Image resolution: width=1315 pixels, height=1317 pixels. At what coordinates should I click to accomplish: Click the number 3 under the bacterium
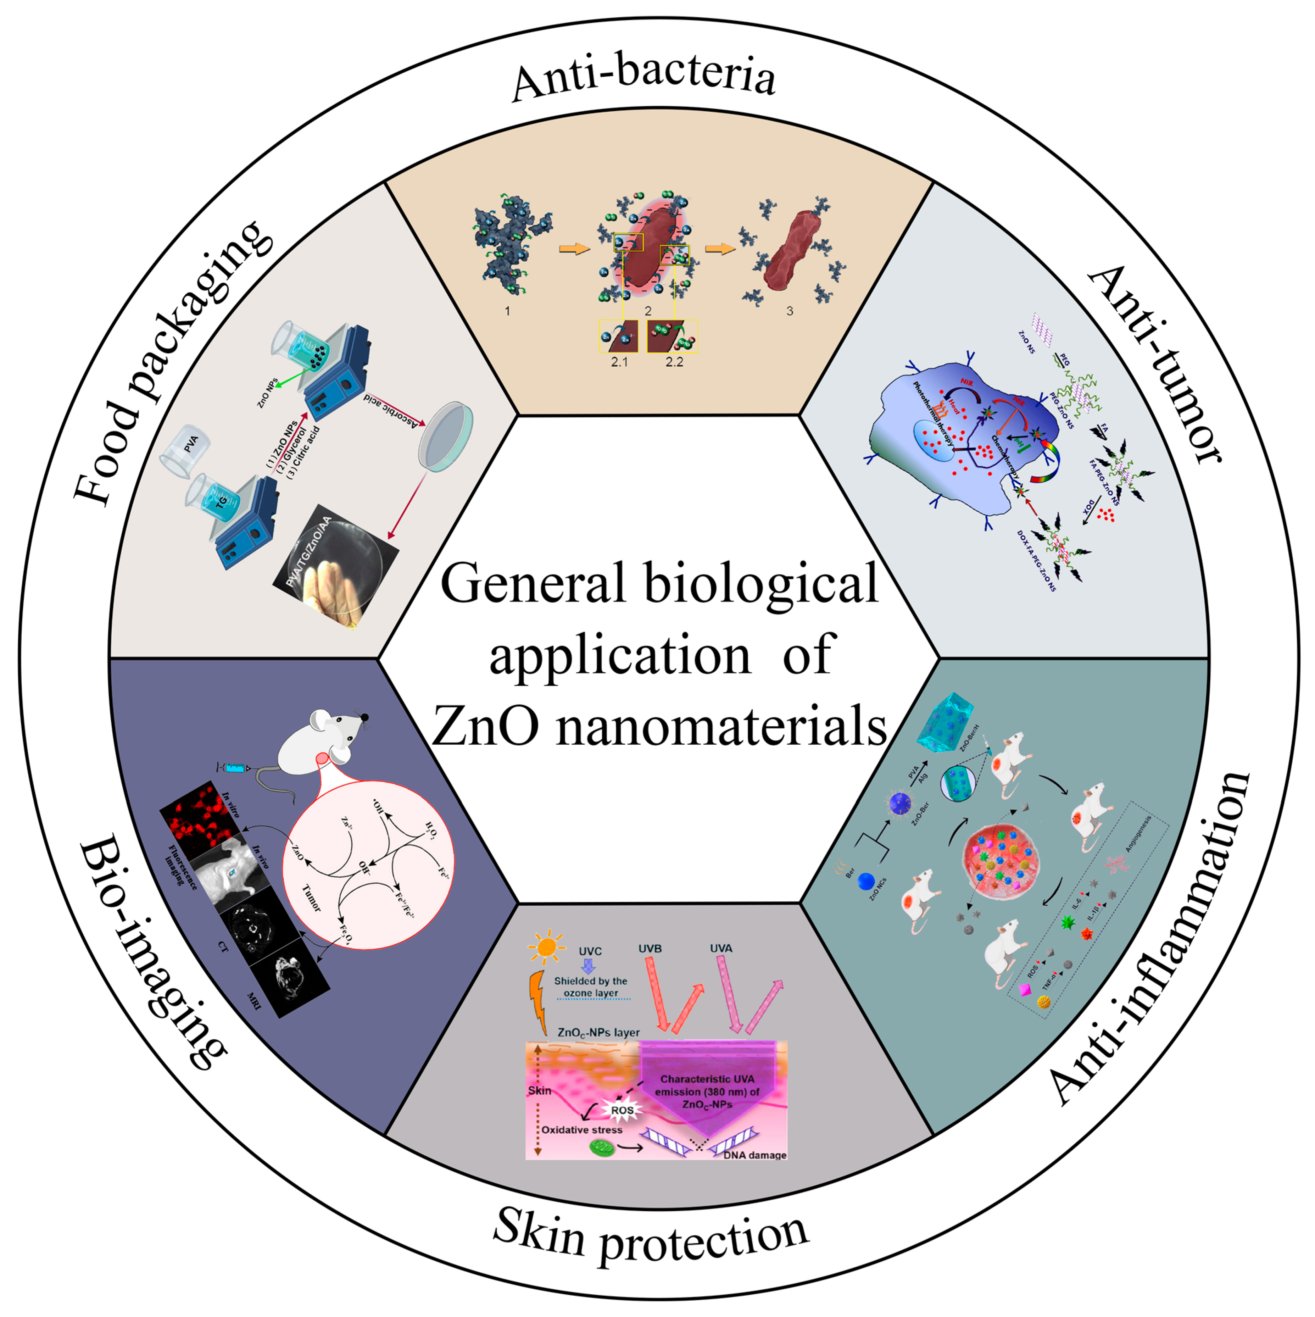[790, 311]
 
